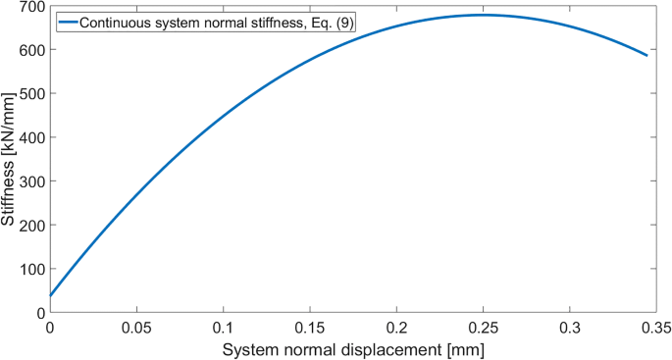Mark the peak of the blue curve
pyautogui.click(x=483, y=15)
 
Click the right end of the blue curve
pyautogui.click(x=647, y=56)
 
